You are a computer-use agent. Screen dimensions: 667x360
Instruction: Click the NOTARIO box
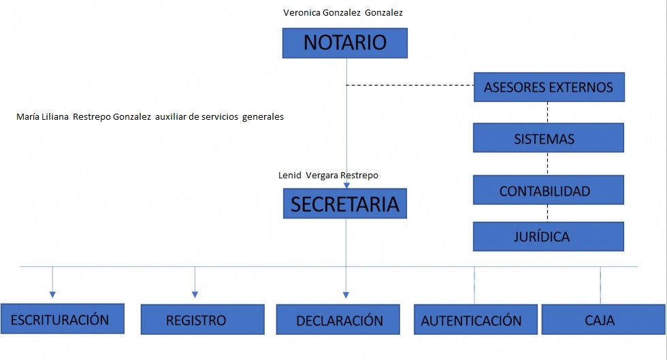[x=345, y=43]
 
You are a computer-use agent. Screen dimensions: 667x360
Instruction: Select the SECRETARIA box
[x=345, y=203]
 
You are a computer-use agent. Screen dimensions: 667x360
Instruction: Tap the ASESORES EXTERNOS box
[x=549, y=87]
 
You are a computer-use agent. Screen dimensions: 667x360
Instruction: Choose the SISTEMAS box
[x=549, y=138]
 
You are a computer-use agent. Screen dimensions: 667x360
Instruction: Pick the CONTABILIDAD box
[x=549, y=190]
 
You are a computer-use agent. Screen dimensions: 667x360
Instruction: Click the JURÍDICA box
[x=549, y=237]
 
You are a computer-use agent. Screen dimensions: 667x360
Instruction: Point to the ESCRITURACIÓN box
[x=63, y=318]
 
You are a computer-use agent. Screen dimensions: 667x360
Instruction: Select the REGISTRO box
[x=203, y=320]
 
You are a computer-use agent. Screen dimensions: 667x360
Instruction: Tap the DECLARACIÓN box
[x=338, y=320]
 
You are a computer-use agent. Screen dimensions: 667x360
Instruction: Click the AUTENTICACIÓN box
[x=476, y=320]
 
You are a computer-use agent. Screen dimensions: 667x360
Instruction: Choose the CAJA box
[x=603, y=320]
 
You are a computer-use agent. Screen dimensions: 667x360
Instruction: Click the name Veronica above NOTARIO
[x=302, y=13]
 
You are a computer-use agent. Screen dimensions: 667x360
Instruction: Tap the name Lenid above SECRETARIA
[x=290, y=176]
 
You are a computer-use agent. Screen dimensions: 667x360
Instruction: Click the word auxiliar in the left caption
[x=170, y=116]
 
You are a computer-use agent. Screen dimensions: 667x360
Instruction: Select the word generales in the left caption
[x=263, y=117]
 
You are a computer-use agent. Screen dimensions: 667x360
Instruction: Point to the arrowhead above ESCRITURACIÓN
[x=52, y=295]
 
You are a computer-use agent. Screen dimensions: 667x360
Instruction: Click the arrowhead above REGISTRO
[x=195, y=295]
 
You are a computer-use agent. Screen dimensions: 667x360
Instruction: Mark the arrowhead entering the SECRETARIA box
[x=346, y=186]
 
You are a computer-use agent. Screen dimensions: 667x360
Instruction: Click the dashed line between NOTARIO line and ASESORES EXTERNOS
[x=410, y=85]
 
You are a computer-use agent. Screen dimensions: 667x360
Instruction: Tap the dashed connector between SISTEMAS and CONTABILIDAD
[x=547, y=163]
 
